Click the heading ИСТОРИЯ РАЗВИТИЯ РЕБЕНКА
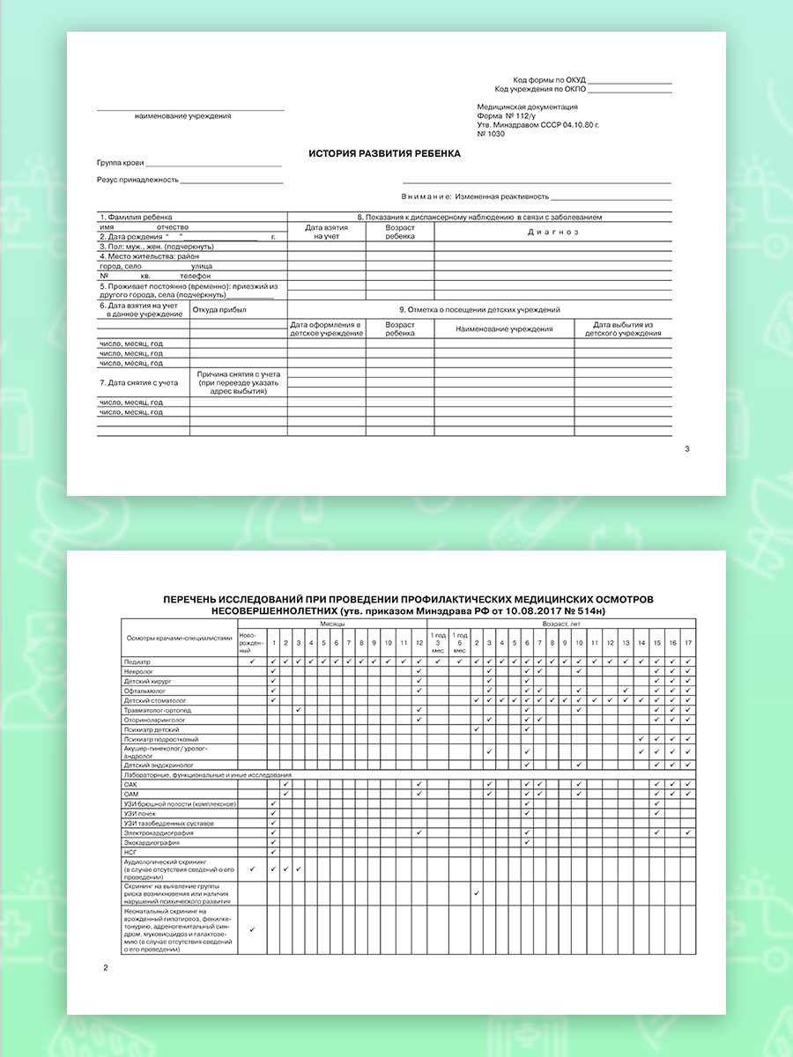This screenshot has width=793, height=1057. coord(384,153)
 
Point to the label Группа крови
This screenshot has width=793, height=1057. coord(120,164)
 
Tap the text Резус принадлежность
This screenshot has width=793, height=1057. coord(137,180)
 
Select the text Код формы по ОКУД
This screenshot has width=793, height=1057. coord(549,79)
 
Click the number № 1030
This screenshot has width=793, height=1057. coord(492,134)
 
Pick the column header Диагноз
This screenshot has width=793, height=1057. coord(552,233)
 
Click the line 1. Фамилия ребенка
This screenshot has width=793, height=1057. coord(136,217)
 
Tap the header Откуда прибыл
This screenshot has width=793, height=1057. coord(219,310)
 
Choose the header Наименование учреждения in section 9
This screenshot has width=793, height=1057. coord(504,329)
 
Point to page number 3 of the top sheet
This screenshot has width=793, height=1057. coord(687,449)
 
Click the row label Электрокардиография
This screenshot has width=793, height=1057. coord(159,832)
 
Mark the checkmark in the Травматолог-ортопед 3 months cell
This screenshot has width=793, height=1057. coord(299,710)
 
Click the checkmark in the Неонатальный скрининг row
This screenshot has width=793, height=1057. coord(252,929)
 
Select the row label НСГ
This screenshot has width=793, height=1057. coord(131,852)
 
